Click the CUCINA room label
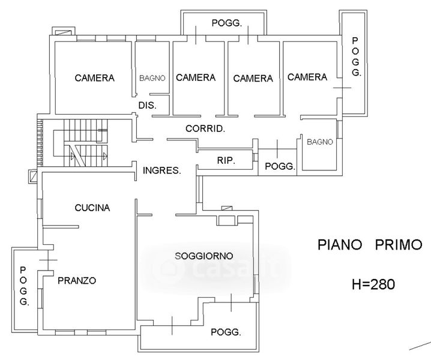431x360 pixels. (92, 208)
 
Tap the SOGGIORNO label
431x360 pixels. (204, 256)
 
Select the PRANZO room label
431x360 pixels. (77, 281)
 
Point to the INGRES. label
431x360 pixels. (162, 170)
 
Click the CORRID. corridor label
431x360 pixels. (205, 128)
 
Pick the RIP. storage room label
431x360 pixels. (226, 160)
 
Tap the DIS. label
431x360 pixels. (147, 105)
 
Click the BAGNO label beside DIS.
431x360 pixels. (152, 79)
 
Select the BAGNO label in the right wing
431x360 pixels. (320, 142)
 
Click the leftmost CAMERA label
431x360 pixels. (95, 78)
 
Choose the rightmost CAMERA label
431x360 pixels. (307, 77)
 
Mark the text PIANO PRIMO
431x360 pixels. (370, 245)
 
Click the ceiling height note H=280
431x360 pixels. (373, 284)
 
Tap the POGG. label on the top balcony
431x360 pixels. (227, 23)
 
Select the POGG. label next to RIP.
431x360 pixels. (280, 166)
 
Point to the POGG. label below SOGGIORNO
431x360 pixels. (226, 332)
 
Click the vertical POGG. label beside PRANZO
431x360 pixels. (24, 286)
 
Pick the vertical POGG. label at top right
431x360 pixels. (356, 57)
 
